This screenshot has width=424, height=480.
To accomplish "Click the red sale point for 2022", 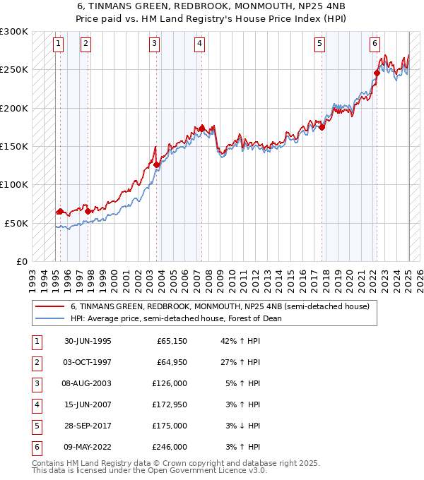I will [377, 73].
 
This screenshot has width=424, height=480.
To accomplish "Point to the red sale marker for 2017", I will [322, 127].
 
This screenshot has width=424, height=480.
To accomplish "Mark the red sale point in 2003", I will [157, 164].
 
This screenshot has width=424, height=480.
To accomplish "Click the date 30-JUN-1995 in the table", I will [88, 341].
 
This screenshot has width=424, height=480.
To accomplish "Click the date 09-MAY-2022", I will [88, 447].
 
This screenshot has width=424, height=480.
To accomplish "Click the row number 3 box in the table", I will [35, 383].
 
